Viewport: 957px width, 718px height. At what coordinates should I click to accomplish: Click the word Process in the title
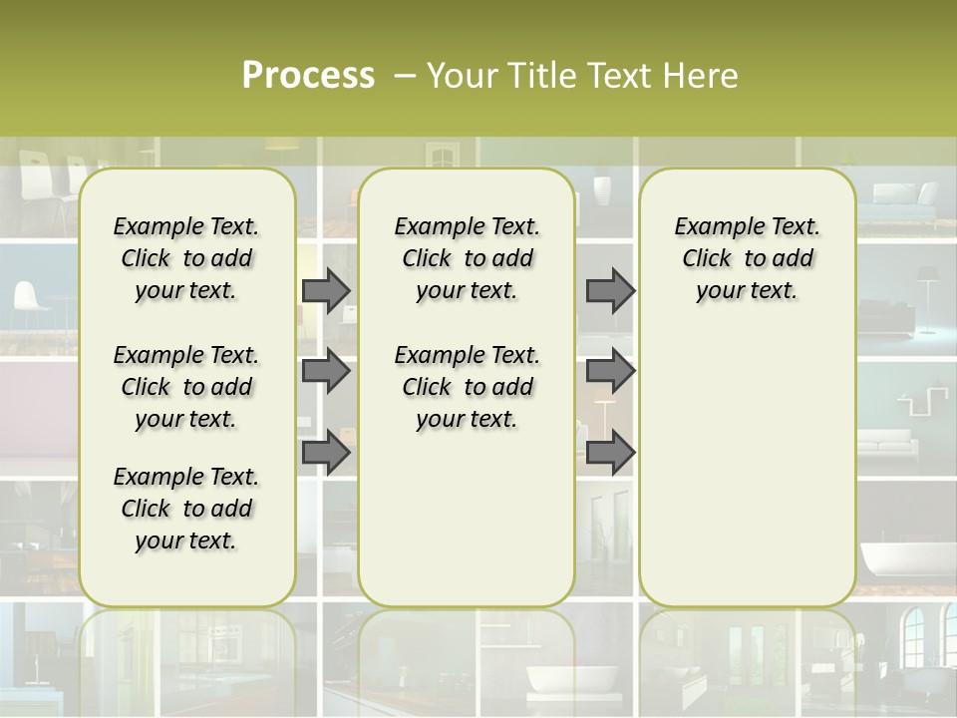pyautogui.click(x=308, y=75)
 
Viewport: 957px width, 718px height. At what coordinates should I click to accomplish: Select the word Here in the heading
pyautogui.click(x=700, y=76)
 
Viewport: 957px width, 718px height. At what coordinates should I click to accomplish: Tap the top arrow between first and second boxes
pyautogui.click(x=326, y=290)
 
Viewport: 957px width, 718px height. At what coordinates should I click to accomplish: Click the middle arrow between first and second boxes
pyautogui.click(x=326, y=371)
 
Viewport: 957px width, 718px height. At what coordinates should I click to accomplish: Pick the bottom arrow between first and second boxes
pyautogui.click(x=326, y=452)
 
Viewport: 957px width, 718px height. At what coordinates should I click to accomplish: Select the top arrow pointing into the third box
pyautogui.click(x=610, y=290)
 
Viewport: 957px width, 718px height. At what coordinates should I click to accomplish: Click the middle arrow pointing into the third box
pyautogui.click(x=610, y=371)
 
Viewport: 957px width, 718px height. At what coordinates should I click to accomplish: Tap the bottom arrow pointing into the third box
pyautogui.click(x=610, y=452)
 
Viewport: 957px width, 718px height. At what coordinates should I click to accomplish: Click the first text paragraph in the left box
pyautogui.click(x=186, y=258)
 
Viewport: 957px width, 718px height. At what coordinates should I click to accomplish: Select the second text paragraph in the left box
pyautogui.click(x=186, y=387)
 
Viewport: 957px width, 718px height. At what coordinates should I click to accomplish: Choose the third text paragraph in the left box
pyautogui.click(x=186, y=509)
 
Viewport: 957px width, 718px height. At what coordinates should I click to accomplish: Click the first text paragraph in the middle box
pyautogui.click(x=467, y=258)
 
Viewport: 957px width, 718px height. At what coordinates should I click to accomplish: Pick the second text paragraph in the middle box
pyautogui.click(x=467, y=387)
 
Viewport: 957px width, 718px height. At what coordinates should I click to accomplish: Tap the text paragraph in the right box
pyautogui.click(x=747, y=258)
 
